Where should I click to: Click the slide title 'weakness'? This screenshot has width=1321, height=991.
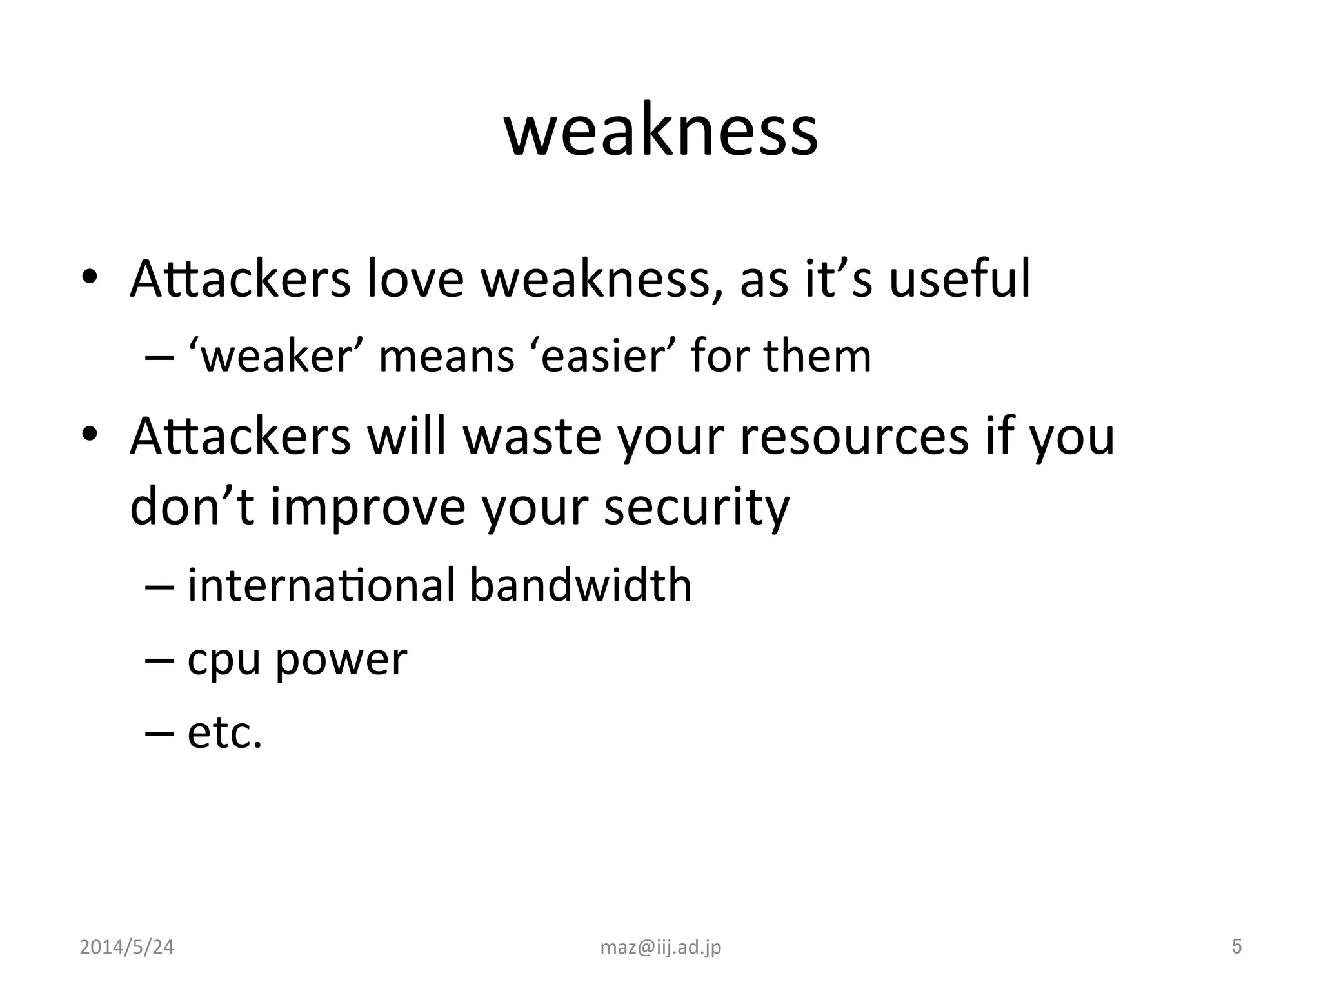click(x=660, y=132)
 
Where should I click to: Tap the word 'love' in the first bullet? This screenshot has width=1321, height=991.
click(x=415, y=279)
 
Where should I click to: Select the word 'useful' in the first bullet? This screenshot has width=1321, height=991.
click(x=959, y=279)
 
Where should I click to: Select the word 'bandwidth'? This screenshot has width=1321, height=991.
click(x=580, y=585)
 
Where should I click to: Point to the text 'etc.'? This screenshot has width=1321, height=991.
click(x=224, y=734)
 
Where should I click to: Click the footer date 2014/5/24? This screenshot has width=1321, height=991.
click(x=126, y=947)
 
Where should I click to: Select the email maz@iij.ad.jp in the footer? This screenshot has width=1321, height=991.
click(x=660, y=947)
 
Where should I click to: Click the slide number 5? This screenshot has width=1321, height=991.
click(x=1237, y=946)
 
